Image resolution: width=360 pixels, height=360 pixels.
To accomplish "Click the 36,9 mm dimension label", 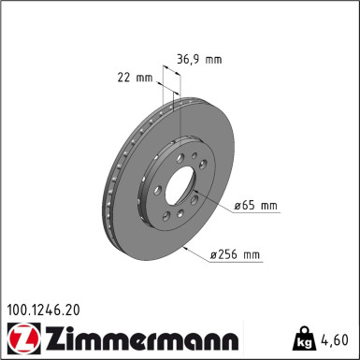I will (199, 58).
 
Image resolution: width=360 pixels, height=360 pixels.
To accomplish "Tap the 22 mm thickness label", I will (137, 78).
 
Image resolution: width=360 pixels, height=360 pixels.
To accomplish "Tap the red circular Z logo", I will (18, 336).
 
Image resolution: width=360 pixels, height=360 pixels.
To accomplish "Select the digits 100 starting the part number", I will (18, 305).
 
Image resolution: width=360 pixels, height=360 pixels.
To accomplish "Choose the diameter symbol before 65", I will (238, 204).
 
